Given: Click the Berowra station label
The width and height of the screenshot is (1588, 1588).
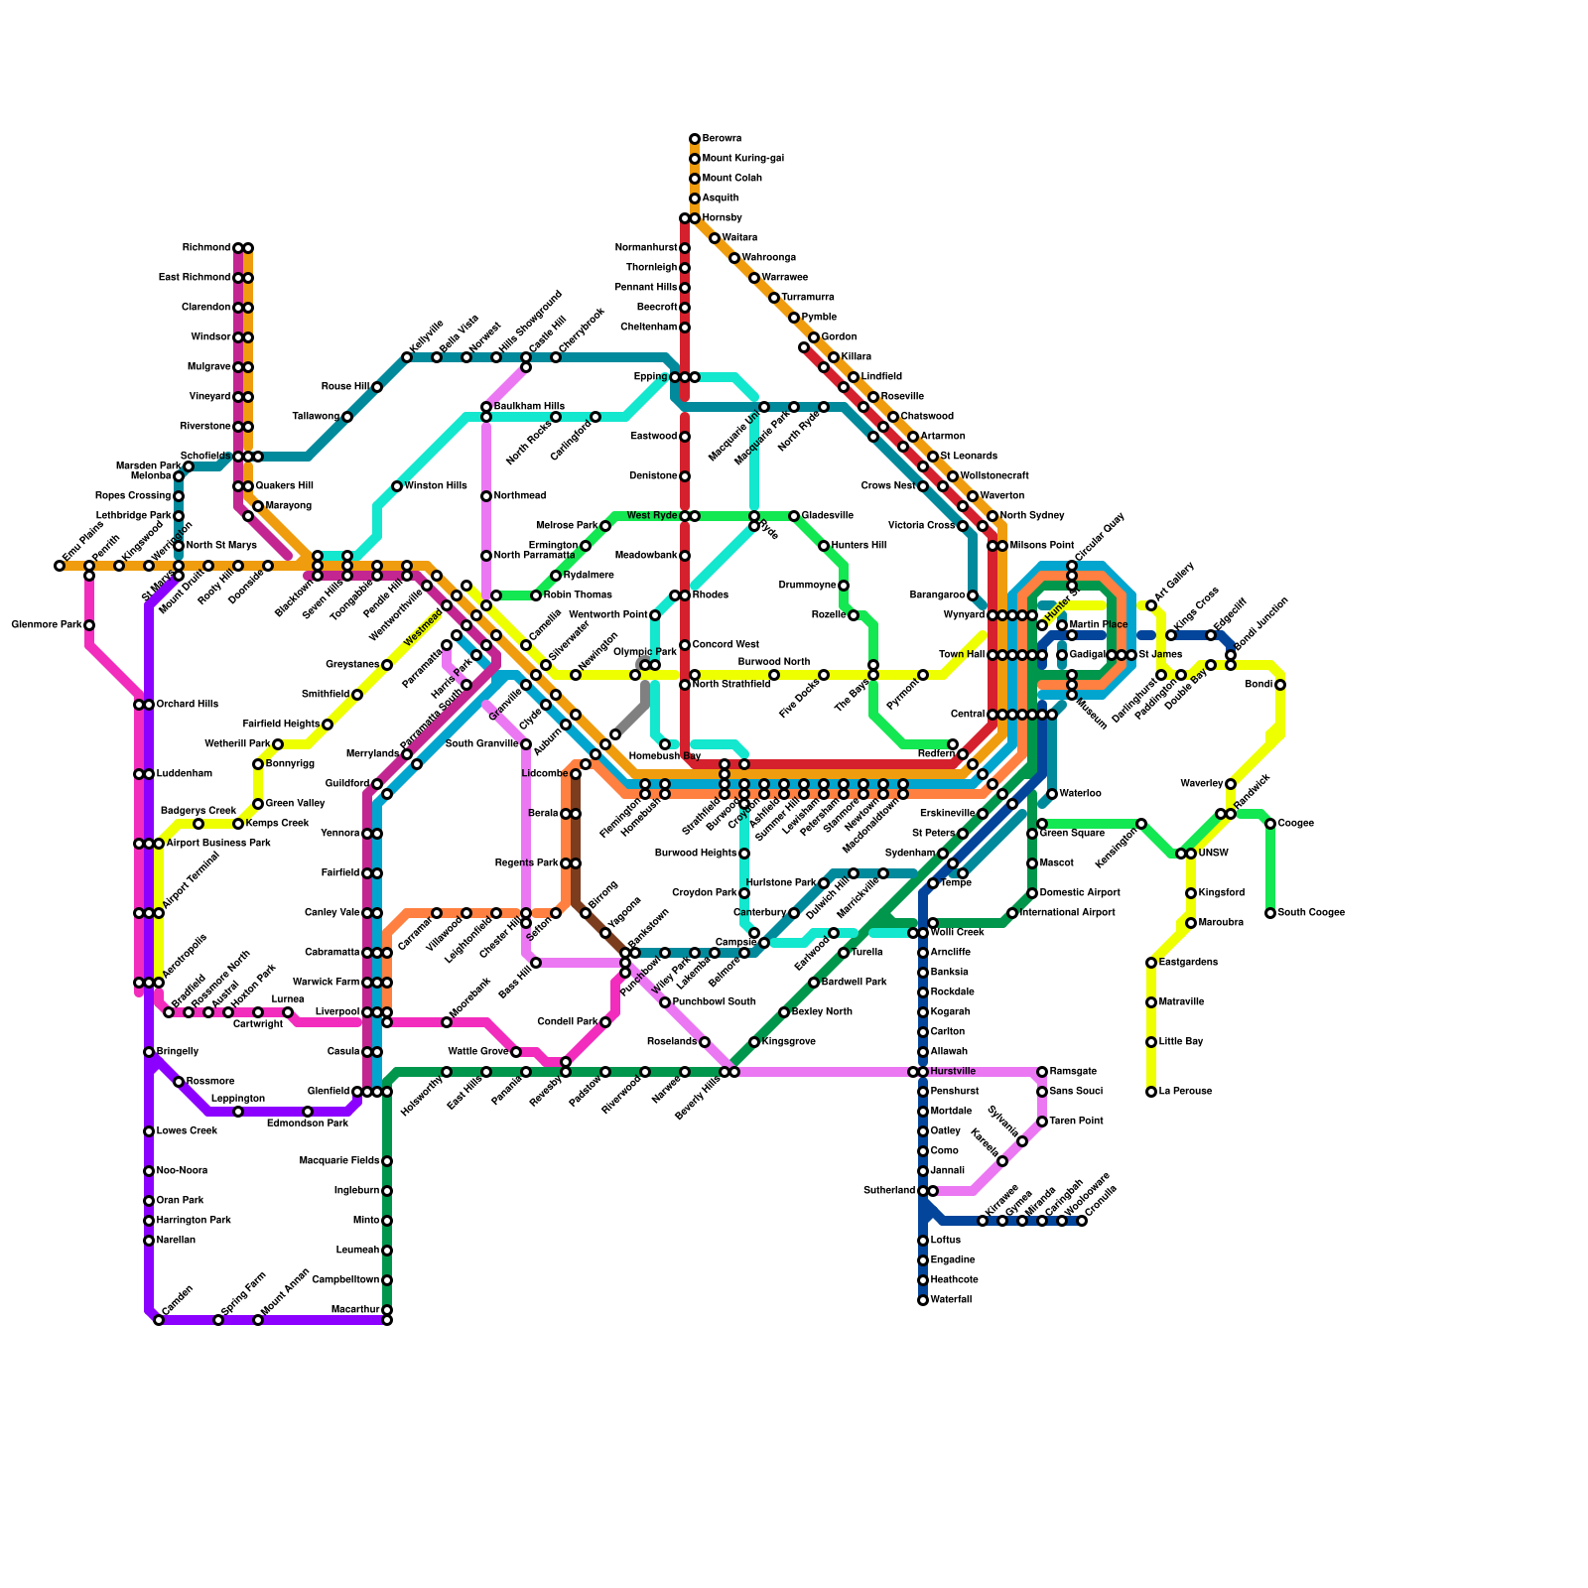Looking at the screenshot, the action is pos(722,139).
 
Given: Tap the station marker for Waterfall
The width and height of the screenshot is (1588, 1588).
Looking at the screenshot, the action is pos(923,1300).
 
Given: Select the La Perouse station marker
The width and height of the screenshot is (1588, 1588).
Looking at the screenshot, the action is pos(1151,1092).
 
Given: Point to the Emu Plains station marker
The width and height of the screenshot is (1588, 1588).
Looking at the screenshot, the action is pos(60,566).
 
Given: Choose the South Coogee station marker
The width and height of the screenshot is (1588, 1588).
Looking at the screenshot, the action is pos(1270,913).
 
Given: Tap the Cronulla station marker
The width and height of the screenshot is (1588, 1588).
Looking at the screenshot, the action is pos(1082,1221).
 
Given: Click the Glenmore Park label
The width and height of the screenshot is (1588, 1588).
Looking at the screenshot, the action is pos(47,625).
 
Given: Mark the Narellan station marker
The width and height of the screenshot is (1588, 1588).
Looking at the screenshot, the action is pos(149,1241).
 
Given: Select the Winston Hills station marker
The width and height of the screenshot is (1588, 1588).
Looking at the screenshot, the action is pos(397,486).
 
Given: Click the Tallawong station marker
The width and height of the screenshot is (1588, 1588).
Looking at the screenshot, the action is pos(347,417).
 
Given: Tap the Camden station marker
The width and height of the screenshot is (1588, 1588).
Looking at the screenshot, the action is pos(159,1320).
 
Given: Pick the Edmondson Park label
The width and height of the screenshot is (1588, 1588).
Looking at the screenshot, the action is pos(308,1124).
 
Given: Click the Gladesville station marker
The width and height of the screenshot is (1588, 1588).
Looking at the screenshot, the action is pos(794,516).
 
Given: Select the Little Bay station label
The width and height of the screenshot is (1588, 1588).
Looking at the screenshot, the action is pos(1181,1042).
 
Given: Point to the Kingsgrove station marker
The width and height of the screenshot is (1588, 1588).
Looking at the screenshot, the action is pos(754,1042).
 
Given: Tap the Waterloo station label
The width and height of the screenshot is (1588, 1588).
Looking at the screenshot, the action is pos(1081,794).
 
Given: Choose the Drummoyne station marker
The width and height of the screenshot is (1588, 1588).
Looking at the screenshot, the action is pos(844,586).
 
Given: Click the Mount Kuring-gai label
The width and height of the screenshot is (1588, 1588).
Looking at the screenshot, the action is pos(743,159).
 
